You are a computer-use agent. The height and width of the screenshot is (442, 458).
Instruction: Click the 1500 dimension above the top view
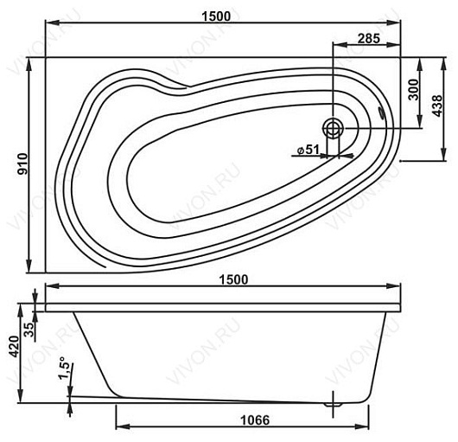pyautogui.click(x=216, y=16)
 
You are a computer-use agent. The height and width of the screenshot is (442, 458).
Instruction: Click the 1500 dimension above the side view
pyautogui.click(x=233, y=279)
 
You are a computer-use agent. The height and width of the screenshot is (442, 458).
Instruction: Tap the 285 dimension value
pyautogui.click(x=369, y=38)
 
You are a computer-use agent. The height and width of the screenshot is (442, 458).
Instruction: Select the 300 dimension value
pyautogui.click(x=414, y=89)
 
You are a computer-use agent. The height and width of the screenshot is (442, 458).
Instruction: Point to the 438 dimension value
pyautogui.click(x=437, y=106)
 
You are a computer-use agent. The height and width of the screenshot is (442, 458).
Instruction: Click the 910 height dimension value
pyautogui.click(x=22, y=164)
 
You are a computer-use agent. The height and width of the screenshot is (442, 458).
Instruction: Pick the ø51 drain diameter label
pyautogui.click(x=308, y=150)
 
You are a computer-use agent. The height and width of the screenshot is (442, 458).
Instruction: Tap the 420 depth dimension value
pyautogui.click(x=14, y=346)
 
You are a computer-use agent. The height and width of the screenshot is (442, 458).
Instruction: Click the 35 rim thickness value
pyautogui.click(x=29, y=330)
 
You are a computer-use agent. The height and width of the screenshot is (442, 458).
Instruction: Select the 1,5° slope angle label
pyautogui.click(x=66, y=368)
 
